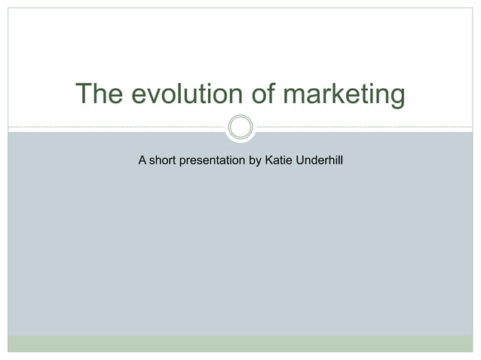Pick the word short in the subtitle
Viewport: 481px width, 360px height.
pos(164,160)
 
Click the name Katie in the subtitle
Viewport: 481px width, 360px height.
pos(279,160)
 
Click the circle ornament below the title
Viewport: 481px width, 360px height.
pos(240,127)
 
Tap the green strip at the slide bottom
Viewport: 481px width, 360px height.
pos(240,343)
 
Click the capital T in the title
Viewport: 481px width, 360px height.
pos(83,95)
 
